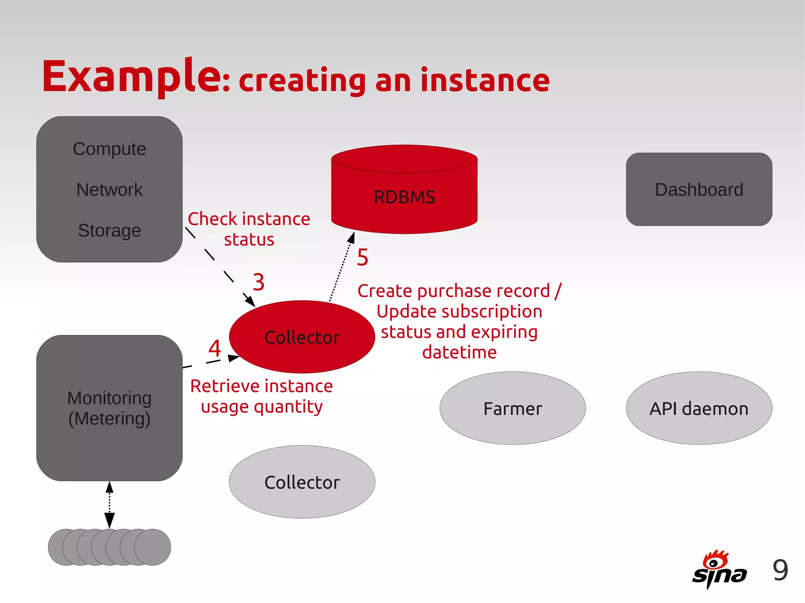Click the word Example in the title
tap(132, 77)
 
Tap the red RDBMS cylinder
tap(404, 196)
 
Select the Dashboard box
tap(699, 189)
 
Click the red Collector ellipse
tap(302, 337)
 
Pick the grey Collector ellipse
tap(302, 482)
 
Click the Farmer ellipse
tap(513, 409)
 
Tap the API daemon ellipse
tap(699, 409)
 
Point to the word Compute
tap(109, 149)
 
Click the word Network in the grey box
tap(109, 190)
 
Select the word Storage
tap(109, 231)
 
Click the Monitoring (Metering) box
tap(109, 408)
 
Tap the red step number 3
tap(258, 282)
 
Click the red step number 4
tap(215, 348)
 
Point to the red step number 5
tap(362, 258)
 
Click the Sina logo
tap(719, 570)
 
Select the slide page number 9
tap(780, 570)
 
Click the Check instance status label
tap(249, 229)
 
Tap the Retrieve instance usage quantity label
tap(261, 396)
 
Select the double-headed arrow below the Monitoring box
tap(110, 504)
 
